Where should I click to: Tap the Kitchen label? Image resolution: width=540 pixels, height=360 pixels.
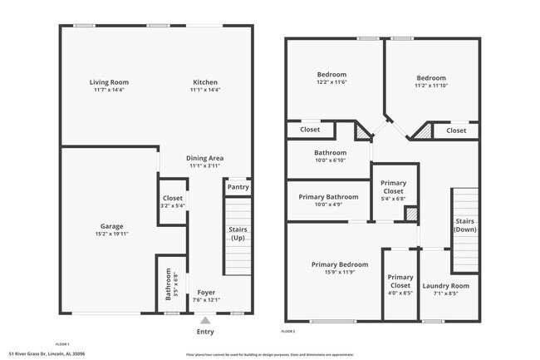[x=205, y=82]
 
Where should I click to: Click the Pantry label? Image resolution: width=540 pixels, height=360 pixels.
[x=238, y=187]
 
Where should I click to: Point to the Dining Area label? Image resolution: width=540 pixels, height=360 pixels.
[x=205, y=158]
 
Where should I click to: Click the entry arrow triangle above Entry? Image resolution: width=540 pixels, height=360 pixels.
[x=205, y=318]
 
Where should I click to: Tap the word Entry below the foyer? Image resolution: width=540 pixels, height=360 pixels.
[x=205, y=331]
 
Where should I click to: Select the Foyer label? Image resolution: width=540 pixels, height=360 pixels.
[x=205, y=293]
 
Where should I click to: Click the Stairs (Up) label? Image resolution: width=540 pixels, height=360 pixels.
[x=238, y=234]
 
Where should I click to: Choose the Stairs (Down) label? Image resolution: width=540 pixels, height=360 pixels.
[x=464, y=225]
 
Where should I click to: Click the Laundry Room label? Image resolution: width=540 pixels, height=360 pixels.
[x=445, y=286]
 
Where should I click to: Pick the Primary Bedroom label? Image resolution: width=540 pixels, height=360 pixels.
[x=340, y=264]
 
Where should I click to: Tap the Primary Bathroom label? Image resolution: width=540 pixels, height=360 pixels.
[x=328, y=197]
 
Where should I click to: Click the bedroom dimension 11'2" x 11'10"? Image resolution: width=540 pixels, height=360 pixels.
[x=431, y=85]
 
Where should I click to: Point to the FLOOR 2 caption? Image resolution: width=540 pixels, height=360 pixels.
[x=288, y=332]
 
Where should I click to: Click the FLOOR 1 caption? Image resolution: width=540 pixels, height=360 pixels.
[x=62, y=343]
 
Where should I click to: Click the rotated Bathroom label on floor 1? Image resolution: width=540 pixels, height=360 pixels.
[x=169, y=285]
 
